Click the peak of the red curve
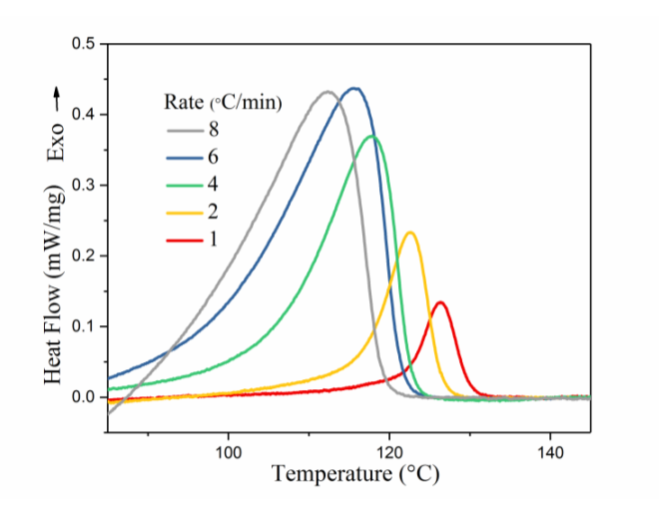click(x=439, y=302)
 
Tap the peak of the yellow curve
click(x=409, y=233)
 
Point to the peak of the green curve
click(x=372, y=136)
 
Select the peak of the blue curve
click(x=354, y=88)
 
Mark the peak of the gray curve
click(x=328, y=92)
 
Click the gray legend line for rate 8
click(x=186, y=130)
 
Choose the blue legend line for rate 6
click(x=186, y=157)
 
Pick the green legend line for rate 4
click(x=186, y=184)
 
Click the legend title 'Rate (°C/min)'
click(x=223, y=102)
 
